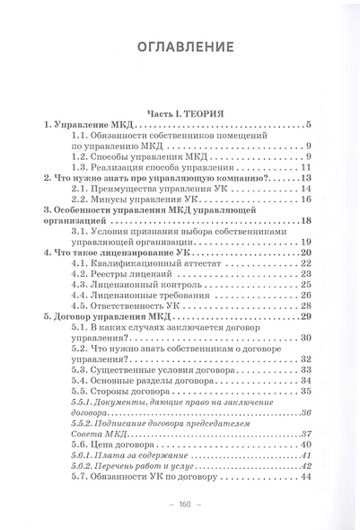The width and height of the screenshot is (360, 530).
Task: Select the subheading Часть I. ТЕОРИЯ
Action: pos(180,113)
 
